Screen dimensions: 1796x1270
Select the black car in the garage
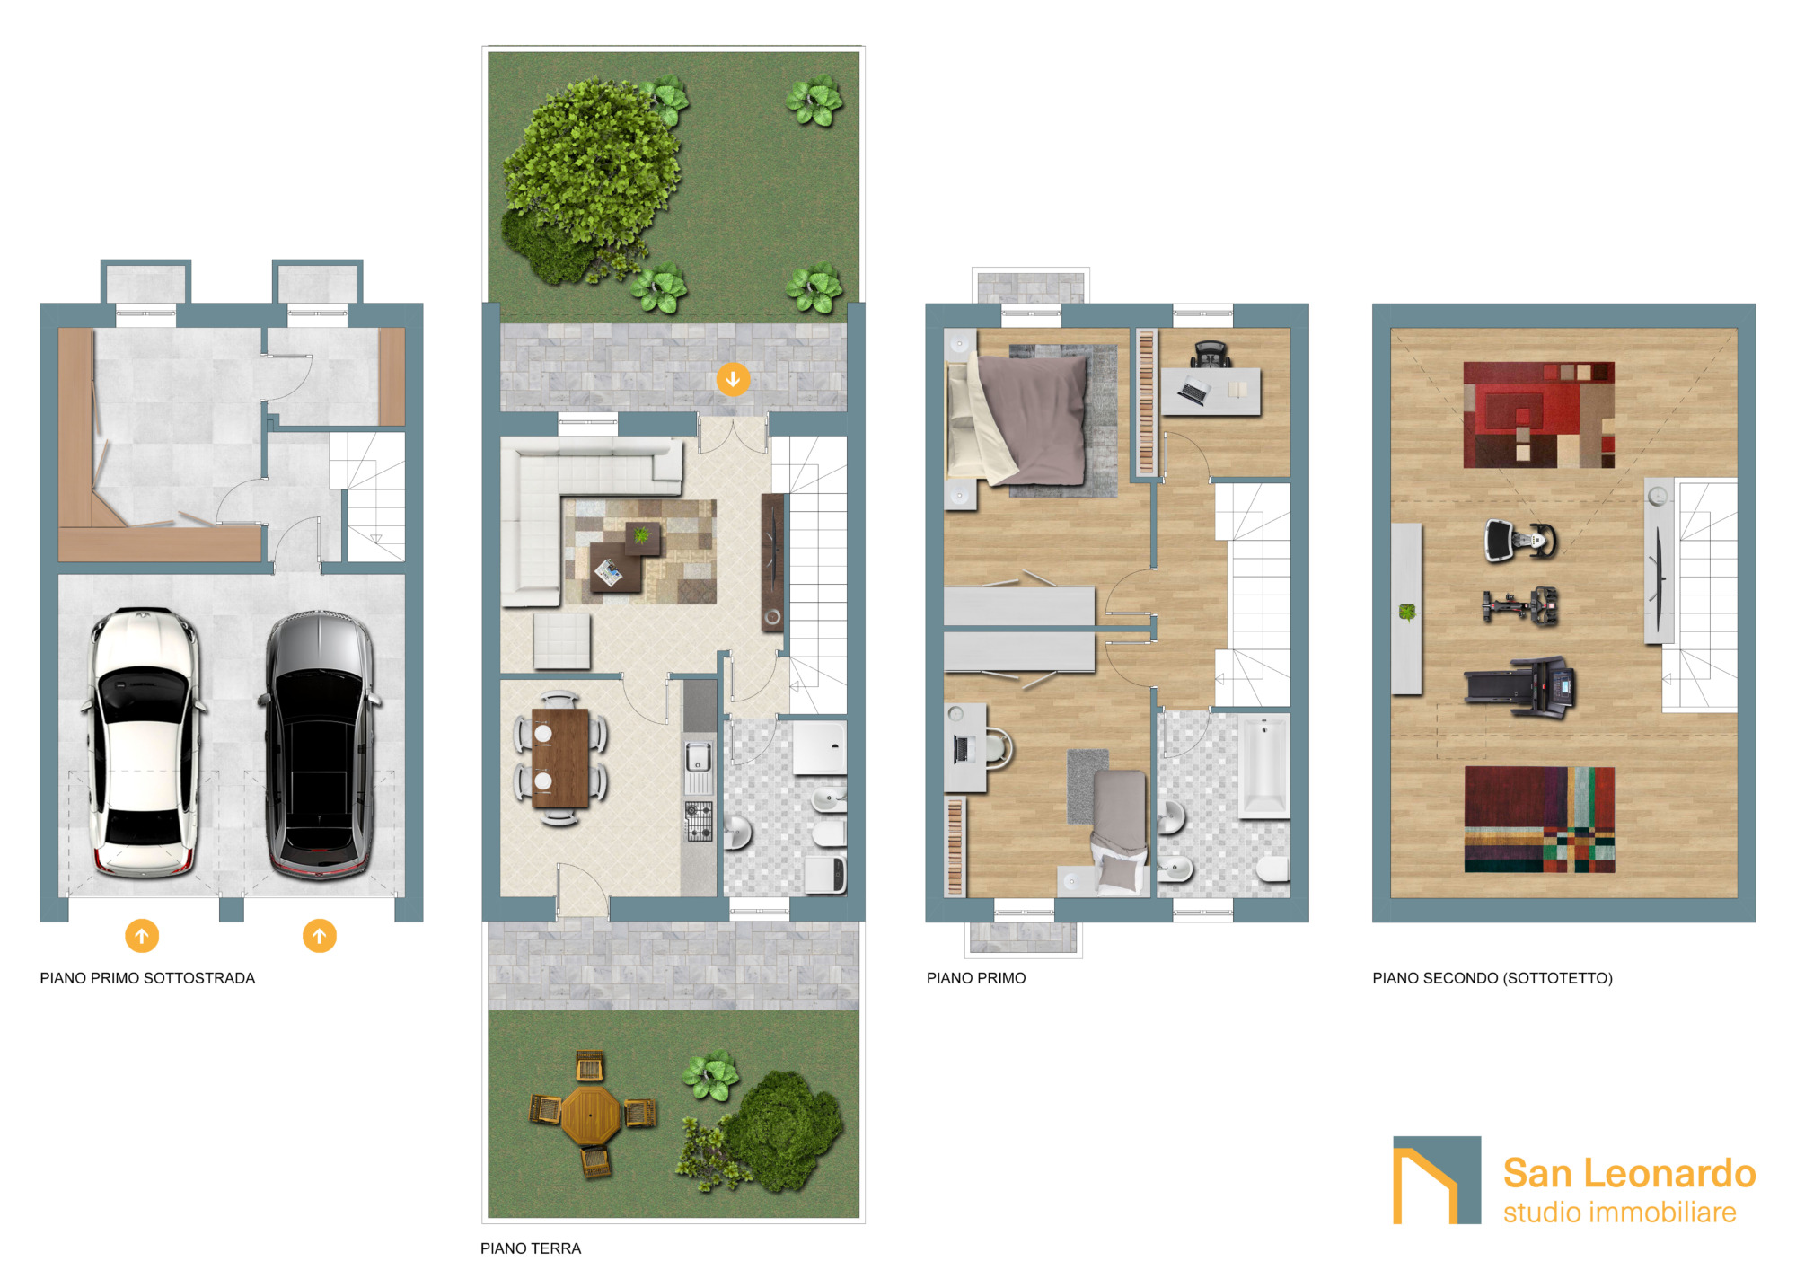coord(320,745)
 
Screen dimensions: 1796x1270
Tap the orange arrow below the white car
coord(142,936)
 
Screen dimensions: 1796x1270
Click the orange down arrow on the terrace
coord(733,379)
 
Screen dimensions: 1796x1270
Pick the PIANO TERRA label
coord(531,1248)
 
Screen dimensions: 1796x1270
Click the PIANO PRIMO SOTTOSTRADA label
coord(147,978)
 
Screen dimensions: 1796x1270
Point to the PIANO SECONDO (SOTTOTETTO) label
coord(1492,978)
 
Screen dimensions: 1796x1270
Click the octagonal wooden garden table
coord(591,1115)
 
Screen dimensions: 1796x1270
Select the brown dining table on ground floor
coord(560,758)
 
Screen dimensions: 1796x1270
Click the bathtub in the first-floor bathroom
coord(1264,766)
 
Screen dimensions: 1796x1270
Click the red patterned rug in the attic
coord(1539,415)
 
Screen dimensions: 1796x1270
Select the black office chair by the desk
coord(1210,355)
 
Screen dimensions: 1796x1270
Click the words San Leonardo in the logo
coord(1630,1173)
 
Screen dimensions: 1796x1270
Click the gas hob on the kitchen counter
coord(700,822)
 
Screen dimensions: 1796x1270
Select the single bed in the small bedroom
coord(1119,831)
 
